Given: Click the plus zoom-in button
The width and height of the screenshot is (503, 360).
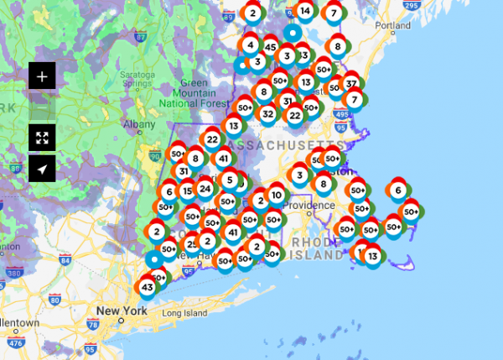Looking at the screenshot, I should (42, 76).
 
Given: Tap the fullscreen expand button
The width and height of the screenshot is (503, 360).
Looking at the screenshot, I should (42, 138).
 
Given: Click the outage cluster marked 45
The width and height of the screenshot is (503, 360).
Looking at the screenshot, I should (270, 47).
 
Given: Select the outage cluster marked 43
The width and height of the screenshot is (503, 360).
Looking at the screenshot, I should (147, 288).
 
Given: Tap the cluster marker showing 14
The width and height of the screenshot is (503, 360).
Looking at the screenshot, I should (305, 12).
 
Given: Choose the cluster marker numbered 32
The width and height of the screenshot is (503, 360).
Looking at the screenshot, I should (268, 113).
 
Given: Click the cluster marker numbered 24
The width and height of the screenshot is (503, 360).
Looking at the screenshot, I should (205, 189).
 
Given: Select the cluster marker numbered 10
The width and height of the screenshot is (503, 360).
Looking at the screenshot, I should (276, 196).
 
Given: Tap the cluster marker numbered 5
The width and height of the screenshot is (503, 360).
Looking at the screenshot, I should (229, 180).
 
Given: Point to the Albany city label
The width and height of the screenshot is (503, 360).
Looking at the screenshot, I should (133, 124).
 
